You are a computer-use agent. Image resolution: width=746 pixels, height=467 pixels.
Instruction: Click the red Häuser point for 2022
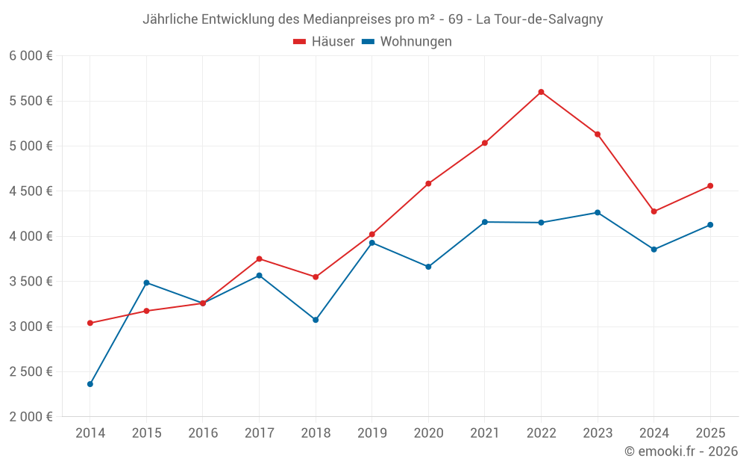pos(541,92)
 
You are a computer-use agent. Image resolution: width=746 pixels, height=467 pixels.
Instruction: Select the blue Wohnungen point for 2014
pos(90,384)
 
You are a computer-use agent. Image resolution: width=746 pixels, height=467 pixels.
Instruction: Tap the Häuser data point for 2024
pos(654,211)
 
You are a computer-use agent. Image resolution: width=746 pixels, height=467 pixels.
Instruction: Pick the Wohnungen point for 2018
pos(316,320)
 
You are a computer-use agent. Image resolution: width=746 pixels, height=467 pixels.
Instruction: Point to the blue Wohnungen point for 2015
pos(146,282)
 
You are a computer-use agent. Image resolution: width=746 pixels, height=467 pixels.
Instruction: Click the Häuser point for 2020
pos(428,183)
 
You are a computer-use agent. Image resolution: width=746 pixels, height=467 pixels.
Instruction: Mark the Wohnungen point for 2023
pos(598,212)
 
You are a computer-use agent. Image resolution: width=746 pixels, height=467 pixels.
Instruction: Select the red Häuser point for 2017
pos(259,259)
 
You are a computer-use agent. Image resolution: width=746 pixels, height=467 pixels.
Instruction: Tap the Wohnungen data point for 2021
pos(485,222)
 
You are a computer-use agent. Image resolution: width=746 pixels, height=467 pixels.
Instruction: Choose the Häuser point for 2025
pos(710,186)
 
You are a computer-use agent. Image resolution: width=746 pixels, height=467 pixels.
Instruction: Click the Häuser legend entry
pos(324,42)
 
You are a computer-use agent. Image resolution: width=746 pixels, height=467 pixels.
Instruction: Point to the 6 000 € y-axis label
pos(31,56)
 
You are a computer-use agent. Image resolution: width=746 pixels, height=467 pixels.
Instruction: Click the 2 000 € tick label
pos(31,417)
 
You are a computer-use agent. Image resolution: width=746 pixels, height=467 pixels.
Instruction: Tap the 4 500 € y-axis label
pos(31,191)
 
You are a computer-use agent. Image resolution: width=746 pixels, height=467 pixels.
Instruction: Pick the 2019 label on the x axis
pos(372,433)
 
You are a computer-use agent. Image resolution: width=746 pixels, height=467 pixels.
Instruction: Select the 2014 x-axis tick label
pos(90,433)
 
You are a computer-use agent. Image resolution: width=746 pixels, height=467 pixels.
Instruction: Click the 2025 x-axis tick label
pos(710,433)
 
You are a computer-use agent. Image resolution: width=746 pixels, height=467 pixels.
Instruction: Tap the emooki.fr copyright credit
pos(681,451)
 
